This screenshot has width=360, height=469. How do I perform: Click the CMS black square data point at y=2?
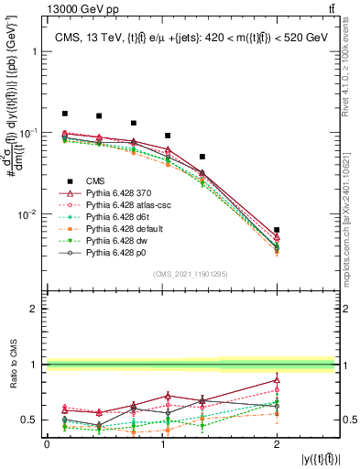point(277,230)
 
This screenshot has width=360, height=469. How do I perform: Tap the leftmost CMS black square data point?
point(64,114)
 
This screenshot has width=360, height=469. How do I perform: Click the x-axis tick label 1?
point(161,443)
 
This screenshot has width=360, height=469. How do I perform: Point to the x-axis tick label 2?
point(277,443)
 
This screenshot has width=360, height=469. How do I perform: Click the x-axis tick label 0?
point(47,443)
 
